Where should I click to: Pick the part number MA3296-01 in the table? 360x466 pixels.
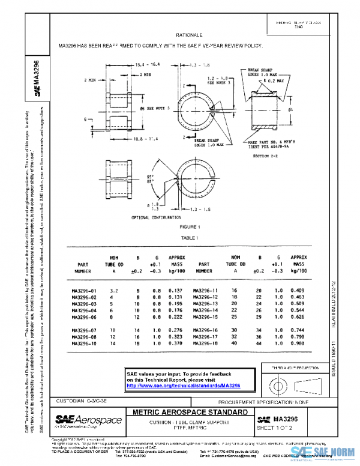point(83,291)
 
